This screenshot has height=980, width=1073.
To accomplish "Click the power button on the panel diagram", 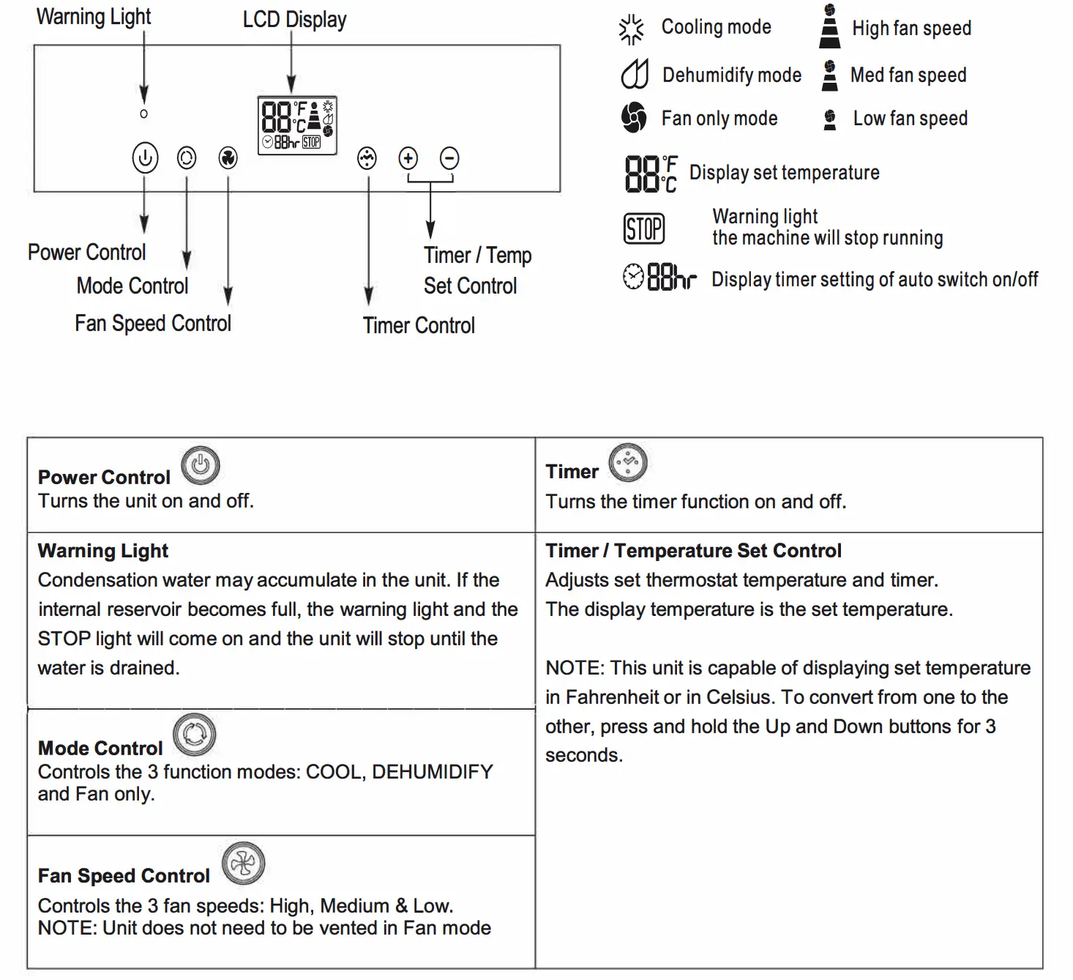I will pyautogui.click(x=145, y=157).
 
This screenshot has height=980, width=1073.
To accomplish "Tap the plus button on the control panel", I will pyautogui.click(x=408, y=157).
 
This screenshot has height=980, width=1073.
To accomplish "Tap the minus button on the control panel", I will pyautogui.click(x=449, y=157).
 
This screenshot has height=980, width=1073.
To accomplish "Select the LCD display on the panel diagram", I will pyautogui.click(x=297, y=125).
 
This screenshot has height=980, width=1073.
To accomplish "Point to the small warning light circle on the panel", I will pyautogui.click(x=144, y=114).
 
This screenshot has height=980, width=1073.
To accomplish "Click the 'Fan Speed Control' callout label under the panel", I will pyautogui.click(x=153, y=323).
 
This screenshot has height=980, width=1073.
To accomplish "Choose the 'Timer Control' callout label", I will pyautogui.click(x=419, y=325).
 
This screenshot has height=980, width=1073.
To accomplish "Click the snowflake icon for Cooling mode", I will pyautogui.click(x=631, y=30).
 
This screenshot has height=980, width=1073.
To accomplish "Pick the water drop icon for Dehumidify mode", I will pyautogui.click(x=635, y=74).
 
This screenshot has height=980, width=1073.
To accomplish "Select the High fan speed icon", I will pyautogui.click(x=829, y=27).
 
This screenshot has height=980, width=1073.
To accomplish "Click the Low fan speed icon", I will pyautogui.click(x=830, y=119).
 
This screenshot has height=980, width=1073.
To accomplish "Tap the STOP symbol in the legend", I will pyautogui.click(x=644, y=229).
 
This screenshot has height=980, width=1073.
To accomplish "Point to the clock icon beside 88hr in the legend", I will pyautogui.click(x=633, y=277).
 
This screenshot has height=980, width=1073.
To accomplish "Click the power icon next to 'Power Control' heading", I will pyautogui.click(x=201, y=465).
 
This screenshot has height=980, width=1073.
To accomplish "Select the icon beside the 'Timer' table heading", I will pyautogui.click(x=628, y=462).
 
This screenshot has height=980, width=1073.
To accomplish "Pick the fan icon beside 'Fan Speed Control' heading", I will pyautogui.click(x=243, y=864).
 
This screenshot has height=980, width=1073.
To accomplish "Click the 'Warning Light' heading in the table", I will pyautogui.click(x=103, y=551).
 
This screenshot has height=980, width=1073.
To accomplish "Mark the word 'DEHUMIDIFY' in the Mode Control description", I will pyautogui.click(x=433, y=772).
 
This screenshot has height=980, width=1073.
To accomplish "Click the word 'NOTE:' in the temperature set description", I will pyautogui.click(x=575, y=668).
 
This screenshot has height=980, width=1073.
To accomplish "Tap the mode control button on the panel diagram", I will pyautogui.click(x=187, y=157).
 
